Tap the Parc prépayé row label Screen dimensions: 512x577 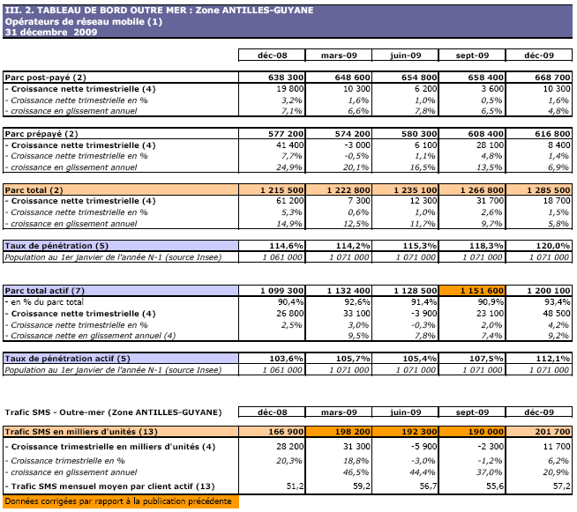coord(43,133)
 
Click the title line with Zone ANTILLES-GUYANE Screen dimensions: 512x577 coord(124,6)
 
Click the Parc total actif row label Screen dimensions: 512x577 coord(45,291)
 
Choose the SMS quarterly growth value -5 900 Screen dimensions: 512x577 coord(418,447)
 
